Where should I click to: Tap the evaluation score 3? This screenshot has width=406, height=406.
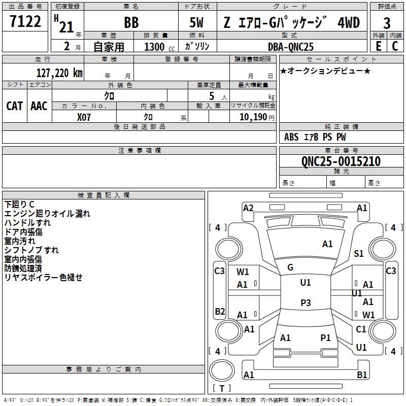pyautogui.click(x=387, y=23)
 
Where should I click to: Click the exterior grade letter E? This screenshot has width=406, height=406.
pyautogui.click(x=378, y=46)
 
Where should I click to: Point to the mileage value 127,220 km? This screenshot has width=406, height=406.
pyautogui.click(x=59, y=73)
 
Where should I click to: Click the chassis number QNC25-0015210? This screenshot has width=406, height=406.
pyautogui.click(x=333, y=161)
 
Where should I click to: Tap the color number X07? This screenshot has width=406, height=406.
pyautogui.click(x=84, y=116)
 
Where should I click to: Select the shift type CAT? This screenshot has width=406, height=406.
pyautogui.click(x=15, y=106)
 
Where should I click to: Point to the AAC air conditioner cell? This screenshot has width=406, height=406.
pyautogui.click(x=39, y=106)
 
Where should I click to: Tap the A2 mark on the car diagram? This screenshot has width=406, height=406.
pyautogui.click(x=248, y=208)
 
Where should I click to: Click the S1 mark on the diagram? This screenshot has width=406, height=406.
pyautogui.click(x=359, y=254)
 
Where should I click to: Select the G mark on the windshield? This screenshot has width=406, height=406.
pyautogui.click(x=290, y=267)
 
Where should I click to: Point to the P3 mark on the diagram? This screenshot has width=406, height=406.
pyautogui.click(x=306, y=302)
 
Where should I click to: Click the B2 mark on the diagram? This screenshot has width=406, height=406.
pyautogui.click(x=220, y=311)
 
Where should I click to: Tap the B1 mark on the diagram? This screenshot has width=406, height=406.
pyautogui.click(x=362, y=375)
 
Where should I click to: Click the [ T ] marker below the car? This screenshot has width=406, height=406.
pyautogui.click(x=222, y=389)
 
